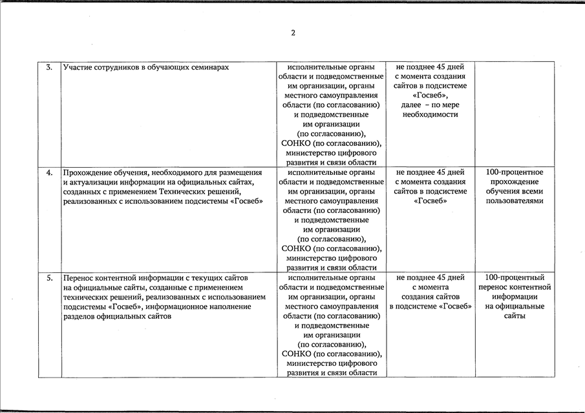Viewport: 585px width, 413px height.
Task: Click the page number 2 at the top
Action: (293, 33)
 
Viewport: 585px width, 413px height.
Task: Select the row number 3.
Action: (50, 67)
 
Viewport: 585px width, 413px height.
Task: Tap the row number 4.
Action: (50, 172)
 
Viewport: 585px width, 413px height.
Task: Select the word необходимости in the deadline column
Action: (430, 114)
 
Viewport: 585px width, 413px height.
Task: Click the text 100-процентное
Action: (515, 172)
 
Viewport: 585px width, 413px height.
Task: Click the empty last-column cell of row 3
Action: (515, 114)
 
